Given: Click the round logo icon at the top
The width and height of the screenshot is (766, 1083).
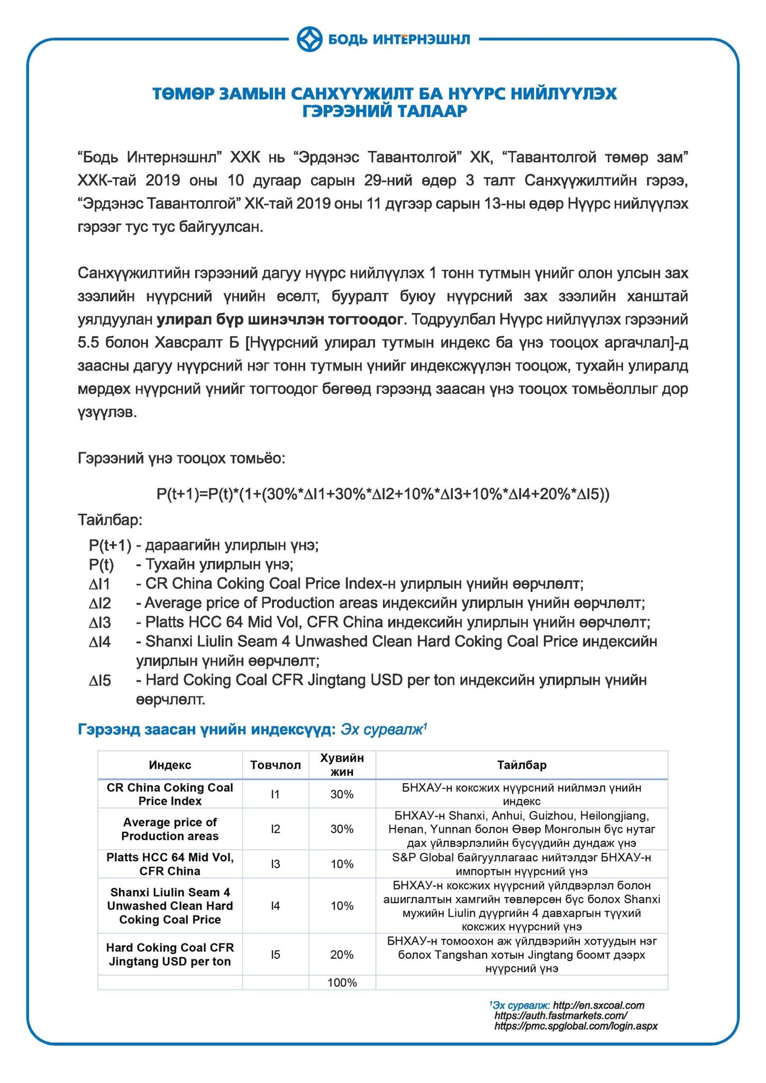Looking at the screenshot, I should click(x=309, y=39).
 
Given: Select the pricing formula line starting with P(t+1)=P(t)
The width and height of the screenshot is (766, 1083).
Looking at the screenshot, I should click(x=383, y=494).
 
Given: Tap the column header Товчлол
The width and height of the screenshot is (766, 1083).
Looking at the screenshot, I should click(x=276, y=765).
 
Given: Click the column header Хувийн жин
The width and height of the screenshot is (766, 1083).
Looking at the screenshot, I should click(x=342, y=765).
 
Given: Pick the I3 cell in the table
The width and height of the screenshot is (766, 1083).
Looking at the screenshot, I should click(x=276, y=864).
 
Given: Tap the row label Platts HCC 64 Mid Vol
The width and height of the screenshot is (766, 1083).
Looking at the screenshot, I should click(x=170, y=864).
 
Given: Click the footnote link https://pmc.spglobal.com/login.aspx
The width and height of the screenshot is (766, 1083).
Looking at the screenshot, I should click(x=576, y=1026).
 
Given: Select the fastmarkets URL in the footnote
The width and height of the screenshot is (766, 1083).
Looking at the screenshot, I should click(x=561, y=1016).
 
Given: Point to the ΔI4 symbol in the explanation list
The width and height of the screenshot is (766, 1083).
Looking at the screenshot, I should click(x=100, y=643).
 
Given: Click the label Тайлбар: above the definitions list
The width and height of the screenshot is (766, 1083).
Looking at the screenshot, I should click(x=110, y=520).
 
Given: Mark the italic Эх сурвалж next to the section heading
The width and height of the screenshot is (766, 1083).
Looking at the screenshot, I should click(x=383, y=730).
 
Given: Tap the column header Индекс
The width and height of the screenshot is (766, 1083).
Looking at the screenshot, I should click(x=170, y=765).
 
